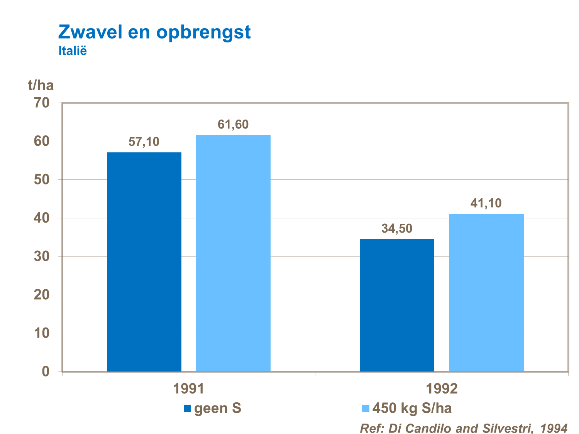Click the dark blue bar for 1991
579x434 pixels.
pyautogui.click(x=144, y=262)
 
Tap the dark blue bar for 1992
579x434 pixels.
pyautogui.click(x=397, y=305)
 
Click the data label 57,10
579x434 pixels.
pyautogui.click(x=144, y=142)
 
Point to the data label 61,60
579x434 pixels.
pyautogui.click(x=233, y=125)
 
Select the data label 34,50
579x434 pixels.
pyautogui.click(x=397, y=229)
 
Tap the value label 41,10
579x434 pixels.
pyautogui.click(x=486, y=203)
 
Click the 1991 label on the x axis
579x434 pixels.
pyautogui.click(x=188, y=388)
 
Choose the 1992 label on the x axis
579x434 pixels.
pyautogui.click(x=442, y=388)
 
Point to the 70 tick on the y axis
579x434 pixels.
pyautogui.click(x=42, y=103)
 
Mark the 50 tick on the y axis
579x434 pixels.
pyautogui.click(x=42, y=180)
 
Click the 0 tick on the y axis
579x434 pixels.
pyautogui.click(x=46, y=372)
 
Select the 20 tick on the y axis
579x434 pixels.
pyautogui.click(x=42, y=295)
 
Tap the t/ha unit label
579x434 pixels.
pyautogui.click(x=41, y=85)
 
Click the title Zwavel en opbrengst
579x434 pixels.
pyautogui.click(x=154, y=32)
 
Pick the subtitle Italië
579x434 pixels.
pyautogui.click(x=73, y=51)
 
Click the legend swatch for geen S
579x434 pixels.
pyautogui.click(x=187, y=409)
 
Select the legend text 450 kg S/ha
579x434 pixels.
pyautogui.click(x=412, y=409)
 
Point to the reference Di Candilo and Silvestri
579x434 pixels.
pyautogui.click(x=463, y=428)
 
